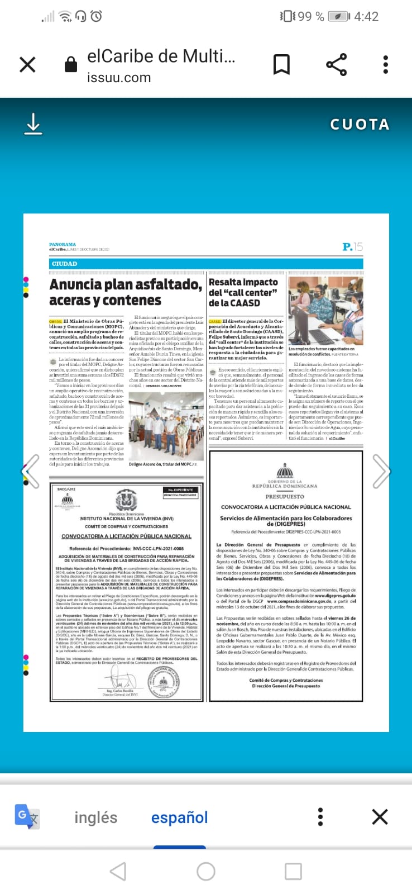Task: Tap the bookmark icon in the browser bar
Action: [281, 65]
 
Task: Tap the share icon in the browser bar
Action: [336, 65]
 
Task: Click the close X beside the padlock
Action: [27, 65]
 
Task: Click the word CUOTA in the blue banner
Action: [360, 124]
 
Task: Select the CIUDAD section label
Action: [65, 264]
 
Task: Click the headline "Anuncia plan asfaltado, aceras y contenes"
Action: [125, 292]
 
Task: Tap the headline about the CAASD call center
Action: [243, 292]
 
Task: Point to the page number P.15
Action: [352, 246]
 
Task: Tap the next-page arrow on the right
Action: [381, 471]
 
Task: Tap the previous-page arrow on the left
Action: [31, 471]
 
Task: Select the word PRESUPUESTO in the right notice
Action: [285, 496]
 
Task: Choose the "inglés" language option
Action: [95, 817]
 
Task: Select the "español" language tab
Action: [179, 817]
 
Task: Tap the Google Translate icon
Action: [27, 816]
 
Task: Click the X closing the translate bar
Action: [380, 817]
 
